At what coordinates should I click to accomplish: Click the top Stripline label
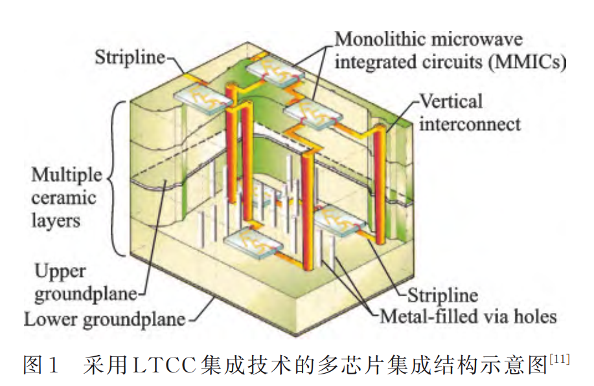pos(130,57)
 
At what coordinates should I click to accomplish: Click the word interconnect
pos(470,123)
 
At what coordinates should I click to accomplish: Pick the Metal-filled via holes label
pos(468,317)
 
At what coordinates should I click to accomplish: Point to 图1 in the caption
pos(41,367)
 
